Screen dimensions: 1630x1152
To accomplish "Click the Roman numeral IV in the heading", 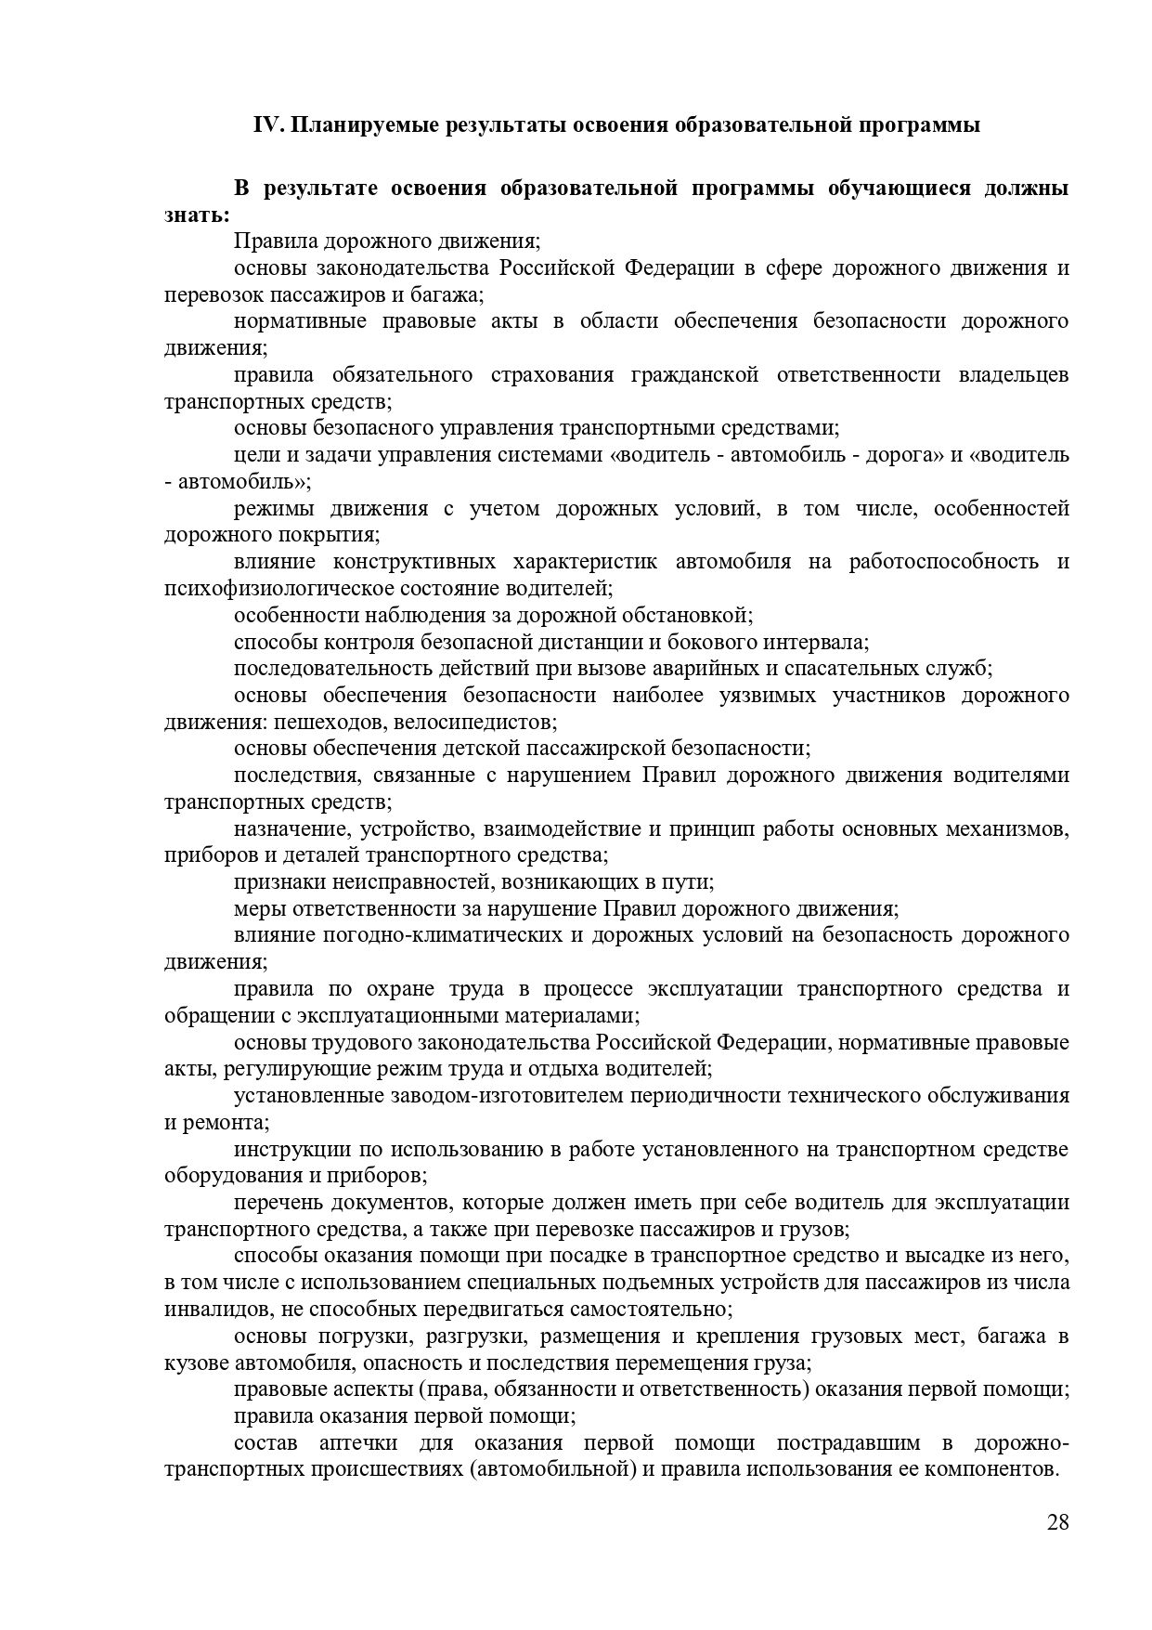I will (x=268, y=125).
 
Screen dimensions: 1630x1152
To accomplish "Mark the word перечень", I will (x=276, y=1203).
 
